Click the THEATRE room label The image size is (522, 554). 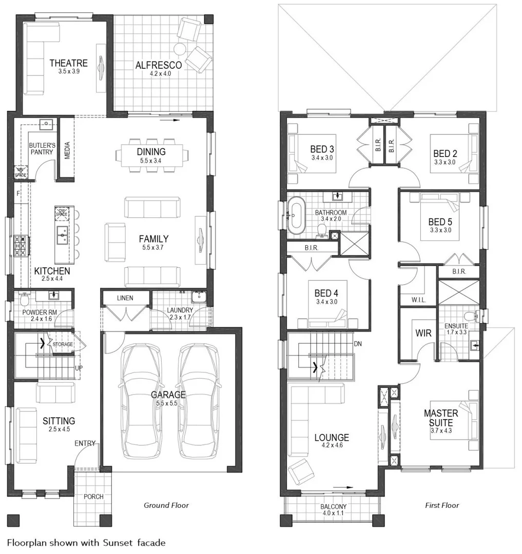coord(68,63)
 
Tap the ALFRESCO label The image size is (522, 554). coord(158,65)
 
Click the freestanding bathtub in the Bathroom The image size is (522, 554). coord(296,216)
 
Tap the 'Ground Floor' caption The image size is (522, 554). coord(166,505)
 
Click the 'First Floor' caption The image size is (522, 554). coord(441,505)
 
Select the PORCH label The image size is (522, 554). coord(93,497)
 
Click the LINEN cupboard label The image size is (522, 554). coord(125,298)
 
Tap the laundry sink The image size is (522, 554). coord(198,297)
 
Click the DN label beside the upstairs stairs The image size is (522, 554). coord(358,344)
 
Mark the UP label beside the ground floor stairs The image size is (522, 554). coord(78,368)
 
